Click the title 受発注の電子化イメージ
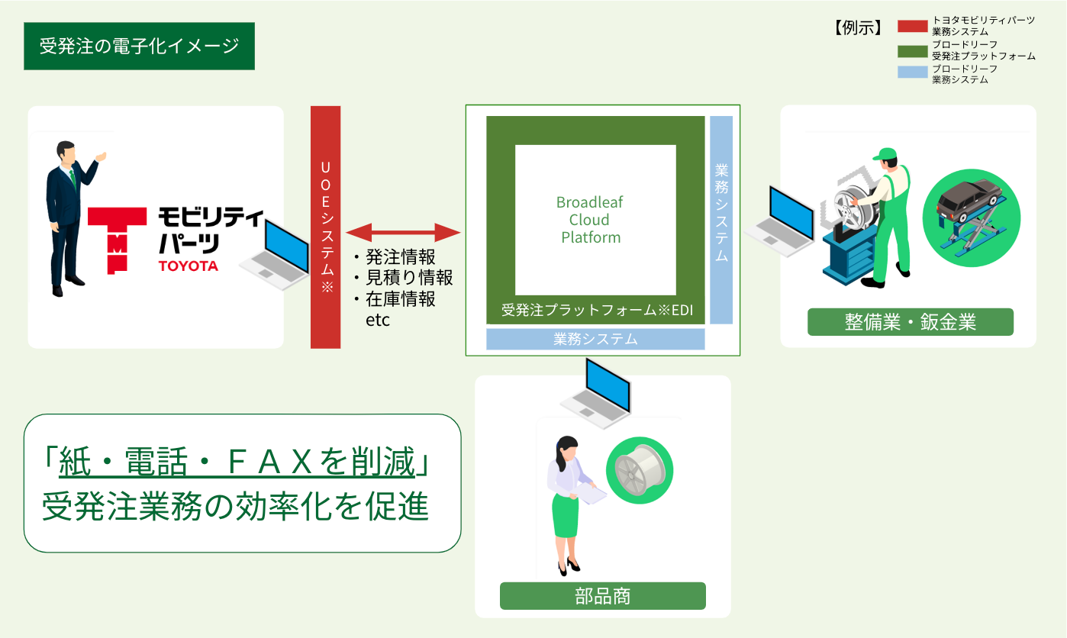pos(139,47)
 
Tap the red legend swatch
pos(912,26)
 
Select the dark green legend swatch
pos(912,50)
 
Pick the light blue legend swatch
pos(912,73)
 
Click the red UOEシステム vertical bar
pos(325,227)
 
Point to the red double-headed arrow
pos(403,231)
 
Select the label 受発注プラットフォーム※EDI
pos(595,311)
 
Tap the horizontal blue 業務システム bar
pos(595,339)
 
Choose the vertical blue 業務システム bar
pos(721,220)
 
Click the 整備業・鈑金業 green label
pos(910,322)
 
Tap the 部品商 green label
pos(602,596)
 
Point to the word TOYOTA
pos(188,266)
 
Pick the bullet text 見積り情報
pos(404,278)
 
